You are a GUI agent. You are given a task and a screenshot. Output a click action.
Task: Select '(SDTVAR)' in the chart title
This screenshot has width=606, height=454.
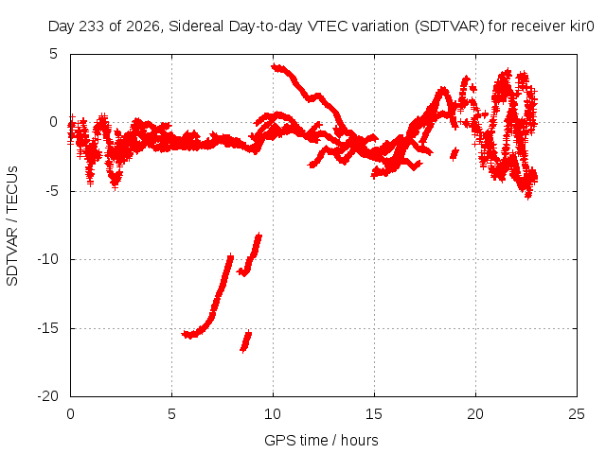pyautogui.click(x=449, y=26)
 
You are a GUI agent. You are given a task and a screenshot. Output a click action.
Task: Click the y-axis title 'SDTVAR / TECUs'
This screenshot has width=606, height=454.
pyautogui.click(x=12, y=226)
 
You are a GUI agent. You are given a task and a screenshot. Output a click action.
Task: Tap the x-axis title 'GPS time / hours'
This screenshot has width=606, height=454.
pyautogui.click(x=321, y=441)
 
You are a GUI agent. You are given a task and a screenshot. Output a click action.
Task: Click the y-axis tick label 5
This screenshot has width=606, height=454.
pyautogui.click(x=53, y=54)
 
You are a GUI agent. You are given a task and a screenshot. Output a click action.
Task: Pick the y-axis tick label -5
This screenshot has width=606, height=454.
pyautogui.click(x=51, y=191)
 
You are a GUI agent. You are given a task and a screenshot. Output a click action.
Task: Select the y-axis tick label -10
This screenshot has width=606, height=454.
pyautogui.click(x=47, y=259)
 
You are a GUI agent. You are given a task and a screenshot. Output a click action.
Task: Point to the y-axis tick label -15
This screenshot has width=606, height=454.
pyautogui.click(x=47, y=328)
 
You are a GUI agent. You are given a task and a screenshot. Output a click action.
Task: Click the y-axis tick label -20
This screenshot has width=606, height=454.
pyautogui.click(x=47, y=396)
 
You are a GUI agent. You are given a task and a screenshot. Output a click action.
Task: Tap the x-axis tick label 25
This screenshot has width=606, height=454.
pyautogui.click(x=577, y=414)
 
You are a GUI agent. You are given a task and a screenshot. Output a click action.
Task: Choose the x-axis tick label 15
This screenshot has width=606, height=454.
pyautogui.click(x=374, y=414)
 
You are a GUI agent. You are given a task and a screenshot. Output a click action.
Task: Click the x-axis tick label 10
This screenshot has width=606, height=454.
pyautogui.click(x=273, y=414)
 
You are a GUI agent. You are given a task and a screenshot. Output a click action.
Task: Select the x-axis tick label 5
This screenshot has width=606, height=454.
pyautogui.click(x=171, y=414)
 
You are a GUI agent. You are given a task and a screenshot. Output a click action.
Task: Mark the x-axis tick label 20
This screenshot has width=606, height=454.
pyautogui.click(x=475, y=414)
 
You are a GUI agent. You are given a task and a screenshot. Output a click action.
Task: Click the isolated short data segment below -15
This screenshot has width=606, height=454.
pyautogui.click(x=246, y=341)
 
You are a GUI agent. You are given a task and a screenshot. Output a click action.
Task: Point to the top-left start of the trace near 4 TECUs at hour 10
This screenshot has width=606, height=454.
pyautogui.click(x=274, y=67)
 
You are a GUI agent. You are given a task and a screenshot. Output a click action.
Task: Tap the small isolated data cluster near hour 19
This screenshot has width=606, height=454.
pyautogui.click(x=454, y=154)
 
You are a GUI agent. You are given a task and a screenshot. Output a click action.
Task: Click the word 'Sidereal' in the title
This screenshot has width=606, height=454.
pyautogui.click(x=196, y=26)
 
